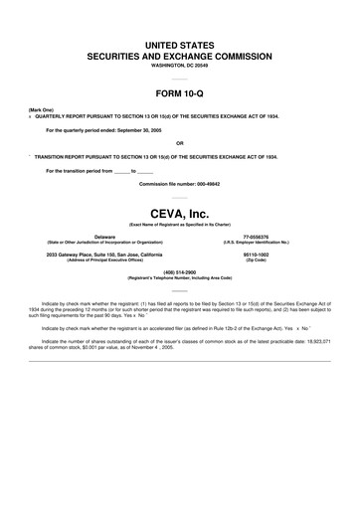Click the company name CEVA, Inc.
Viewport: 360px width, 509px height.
(x=179, y=212)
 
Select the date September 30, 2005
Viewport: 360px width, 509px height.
(x=144, y=129)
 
